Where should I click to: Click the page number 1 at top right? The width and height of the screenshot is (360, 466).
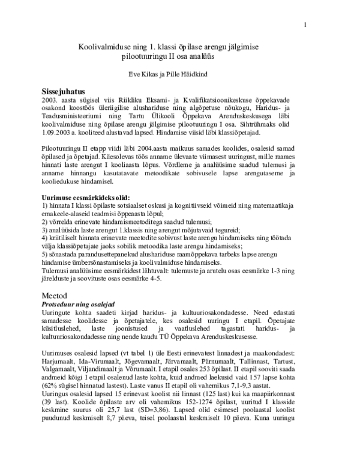(x=305, y=25)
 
